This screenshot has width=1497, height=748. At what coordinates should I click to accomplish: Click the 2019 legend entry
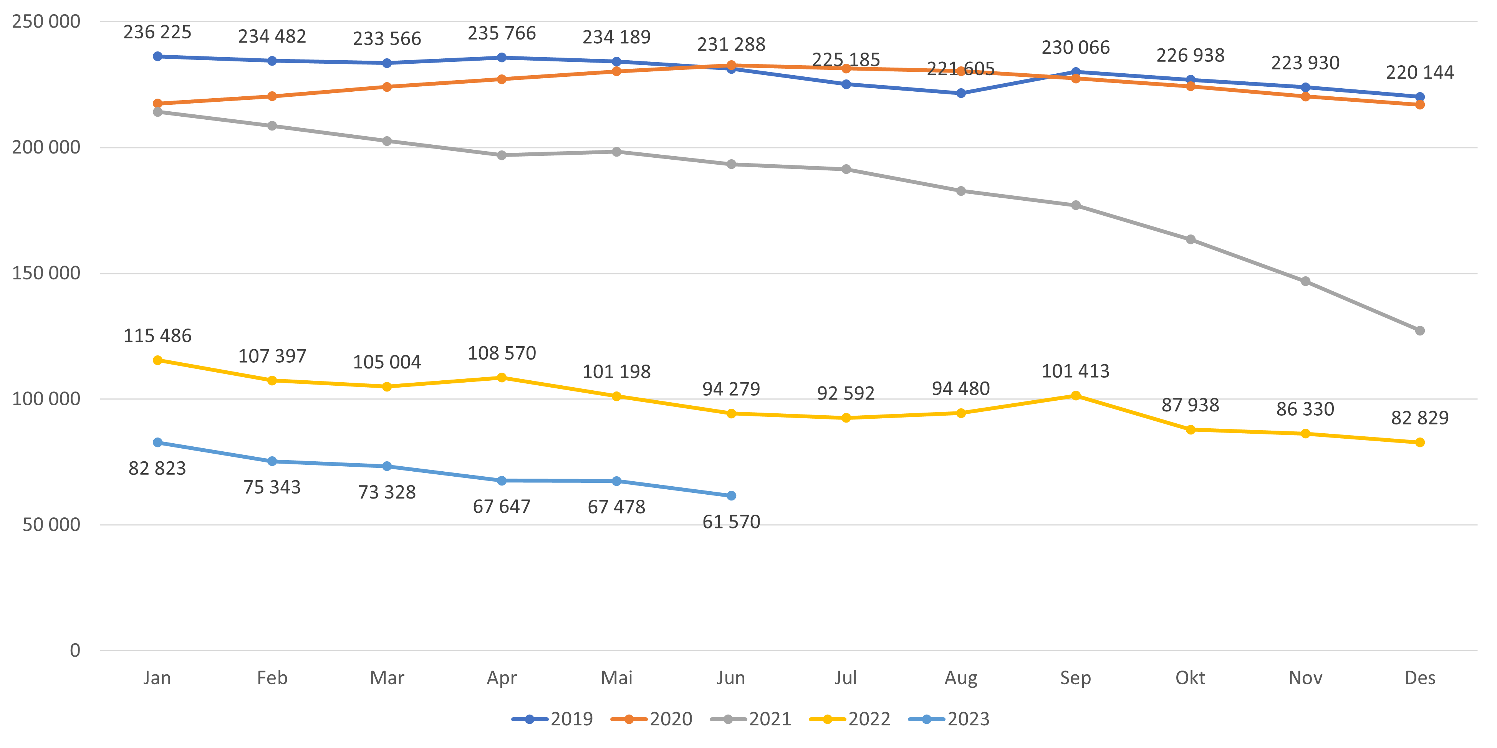tap(552, 719)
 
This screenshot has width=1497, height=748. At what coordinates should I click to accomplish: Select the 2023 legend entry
tap(949, 719)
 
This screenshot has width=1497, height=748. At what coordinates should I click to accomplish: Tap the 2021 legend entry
tap(751, 719)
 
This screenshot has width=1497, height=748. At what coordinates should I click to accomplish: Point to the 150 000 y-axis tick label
tap(46, 273)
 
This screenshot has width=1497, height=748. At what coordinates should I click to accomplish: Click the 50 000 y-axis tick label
tap(51, 524)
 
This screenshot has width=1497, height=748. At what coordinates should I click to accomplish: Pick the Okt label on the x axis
tap(1190, 678)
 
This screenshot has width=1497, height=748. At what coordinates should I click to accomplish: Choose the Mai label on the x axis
tap(617, 678)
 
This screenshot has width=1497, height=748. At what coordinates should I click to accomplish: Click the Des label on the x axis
tap(1420, 678)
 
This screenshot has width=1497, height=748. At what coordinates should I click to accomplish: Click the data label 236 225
tap(157, 32)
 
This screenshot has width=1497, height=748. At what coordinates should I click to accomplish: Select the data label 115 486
tap(157, 336)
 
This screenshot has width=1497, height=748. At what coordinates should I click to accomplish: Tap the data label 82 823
tap(157, 468)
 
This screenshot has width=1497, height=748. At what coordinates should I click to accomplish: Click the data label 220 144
tap(1420, 73)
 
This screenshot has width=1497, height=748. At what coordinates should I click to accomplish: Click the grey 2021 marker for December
tap(1420, 330)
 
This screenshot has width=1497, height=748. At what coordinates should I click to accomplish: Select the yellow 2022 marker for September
tap(1076, 395)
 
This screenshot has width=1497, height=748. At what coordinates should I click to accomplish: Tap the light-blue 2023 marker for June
tap(731, 495)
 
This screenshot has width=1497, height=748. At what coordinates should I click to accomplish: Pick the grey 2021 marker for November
tap(1305, 281)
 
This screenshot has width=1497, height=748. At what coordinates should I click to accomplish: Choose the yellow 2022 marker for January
tap(157, 360)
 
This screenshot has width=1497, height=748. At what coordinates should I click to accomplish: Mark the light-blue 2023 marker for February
tap(272, 461)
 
